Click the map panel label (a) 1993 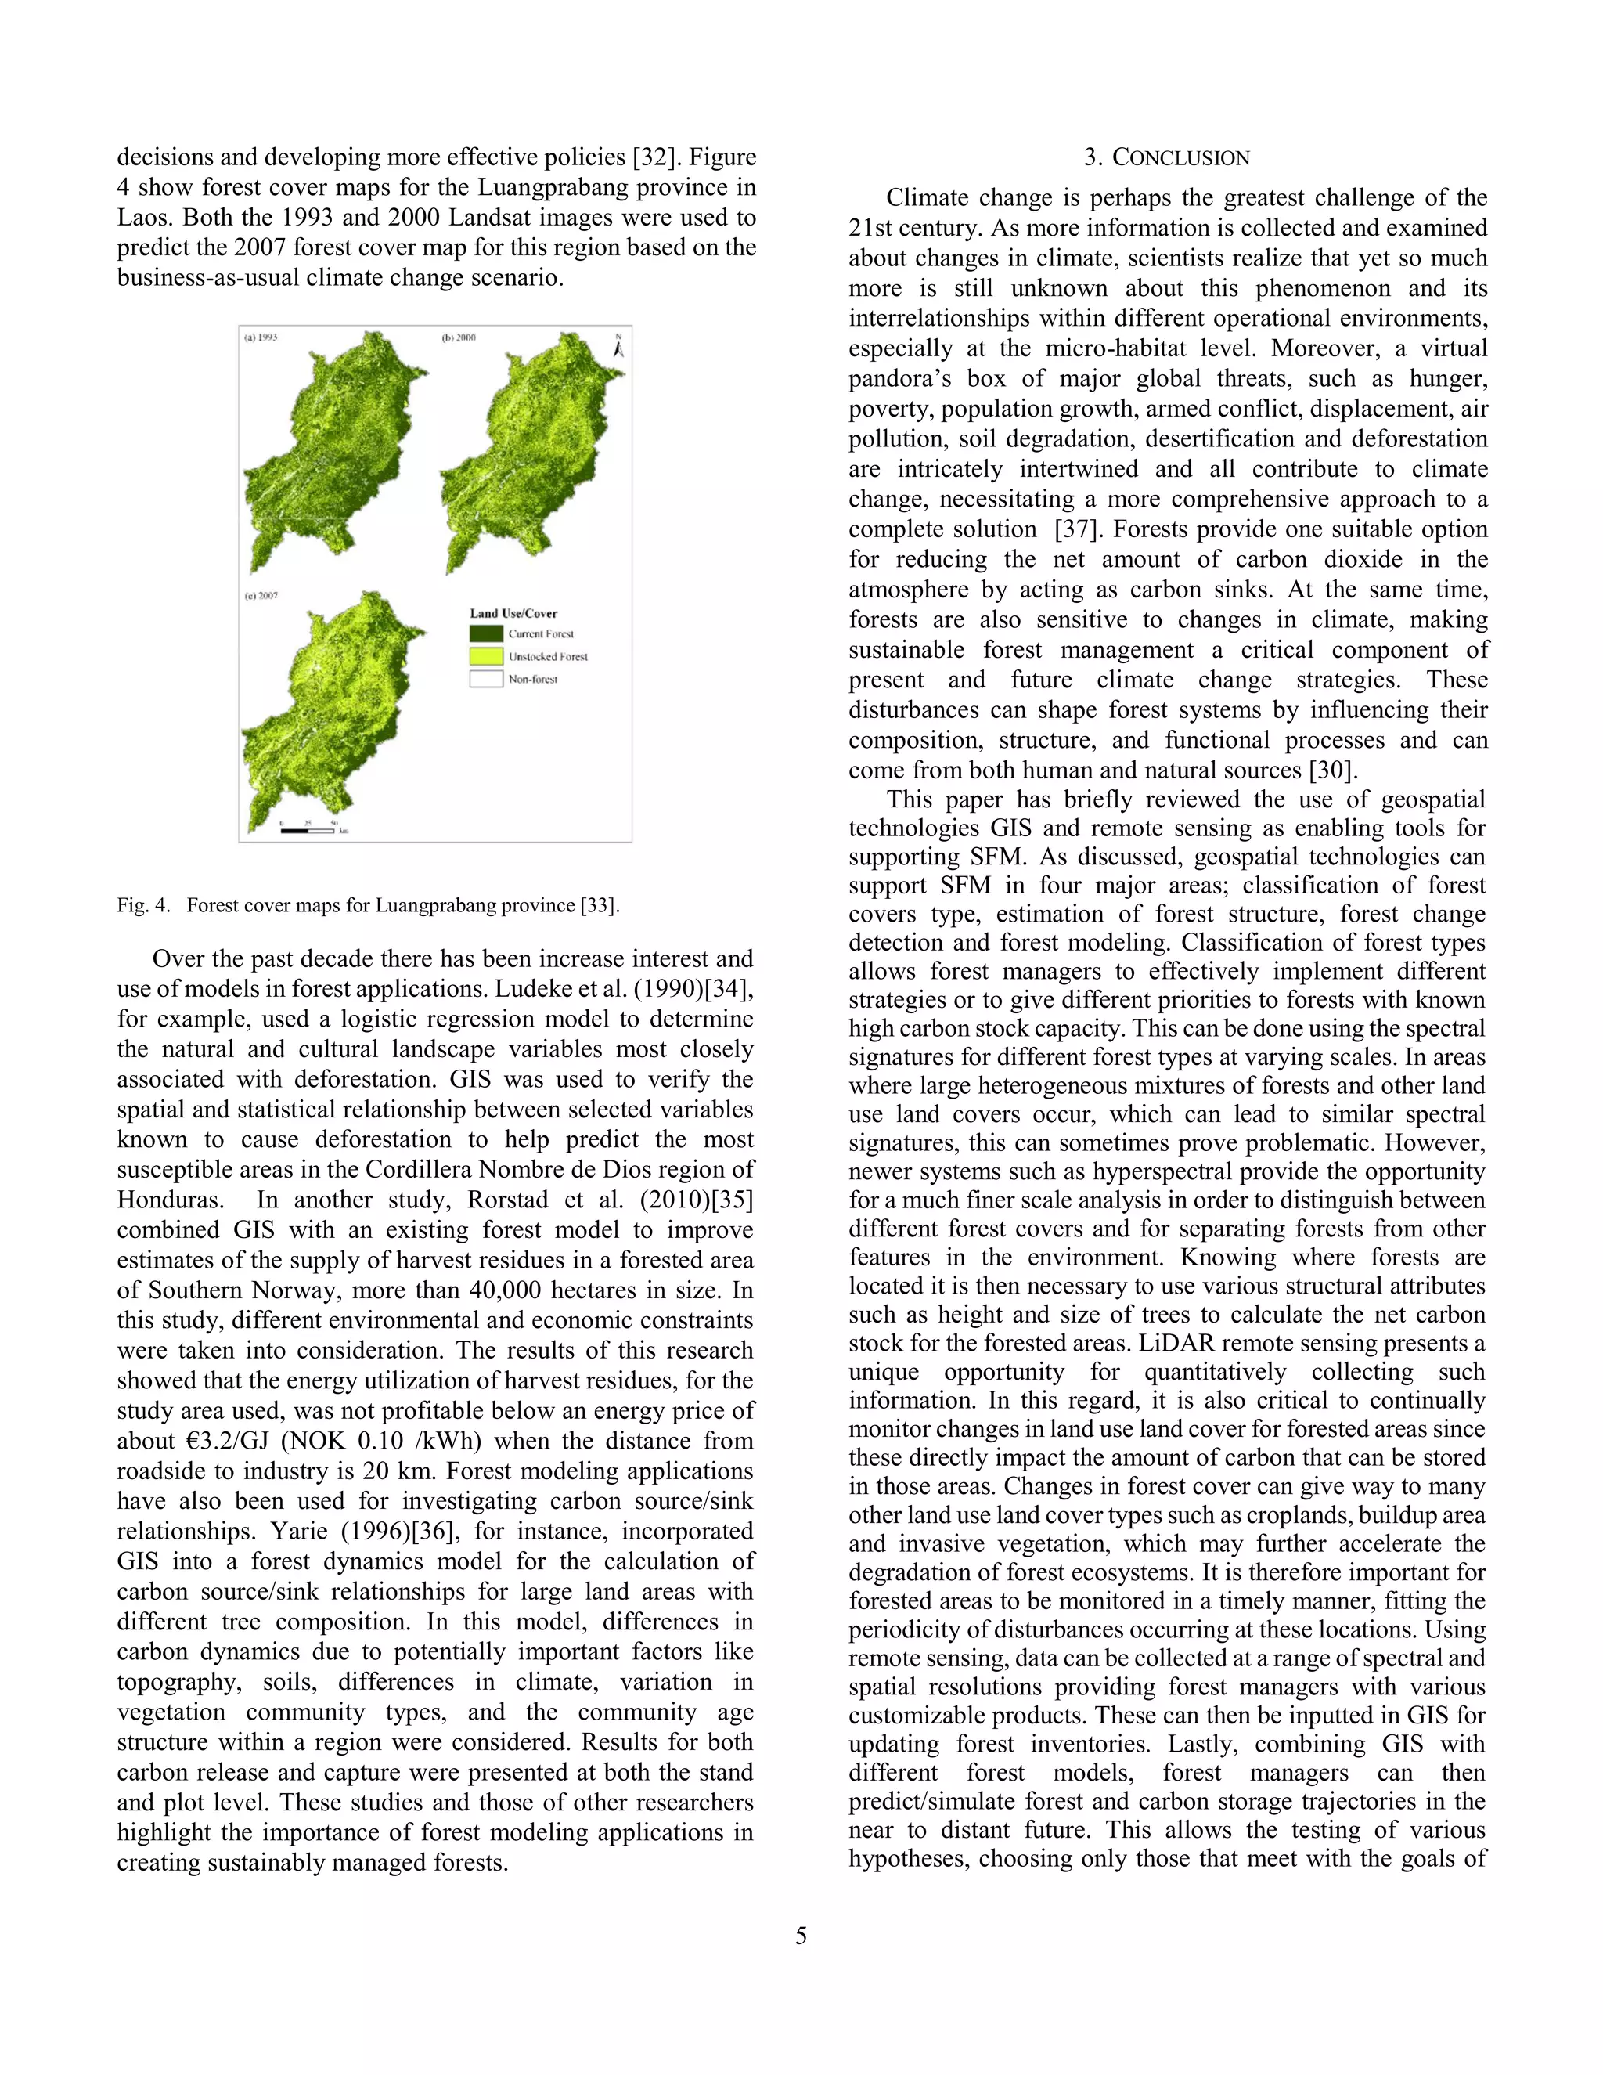pos(261,337)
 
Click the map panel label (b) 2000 pos(459,337)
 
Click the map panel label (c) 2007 pos(261,596)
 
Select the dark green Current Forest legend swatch pos(485,633)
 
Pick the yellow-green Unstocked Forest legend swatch pos(485,655)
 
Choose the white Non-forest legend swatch pos(485,678)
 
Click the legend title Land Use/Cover pos(513,613)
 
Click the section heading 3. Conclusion pos(1167,157)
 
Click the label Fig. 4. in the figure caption pos(143,904)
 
